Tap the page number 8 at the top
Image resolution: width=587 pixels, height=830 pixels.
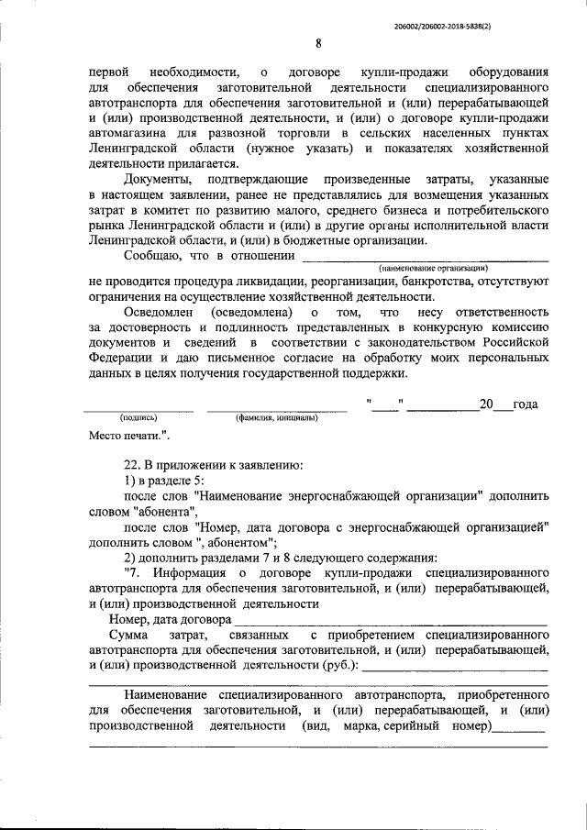[317, 43]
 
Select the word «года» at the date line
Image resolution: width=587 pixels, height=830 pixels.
[526, 404]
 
